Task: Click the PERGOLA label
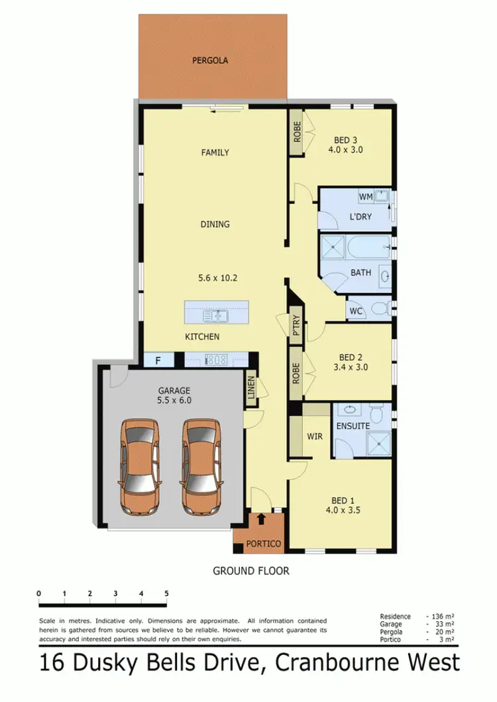210,60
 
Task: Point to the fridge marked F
158,360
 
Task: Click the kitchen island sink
217,316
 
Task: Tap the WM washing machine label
366,197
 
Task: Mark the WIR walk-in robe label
314,437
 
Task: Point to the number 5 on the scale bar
166,593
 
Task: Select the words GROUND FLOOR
250,570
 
